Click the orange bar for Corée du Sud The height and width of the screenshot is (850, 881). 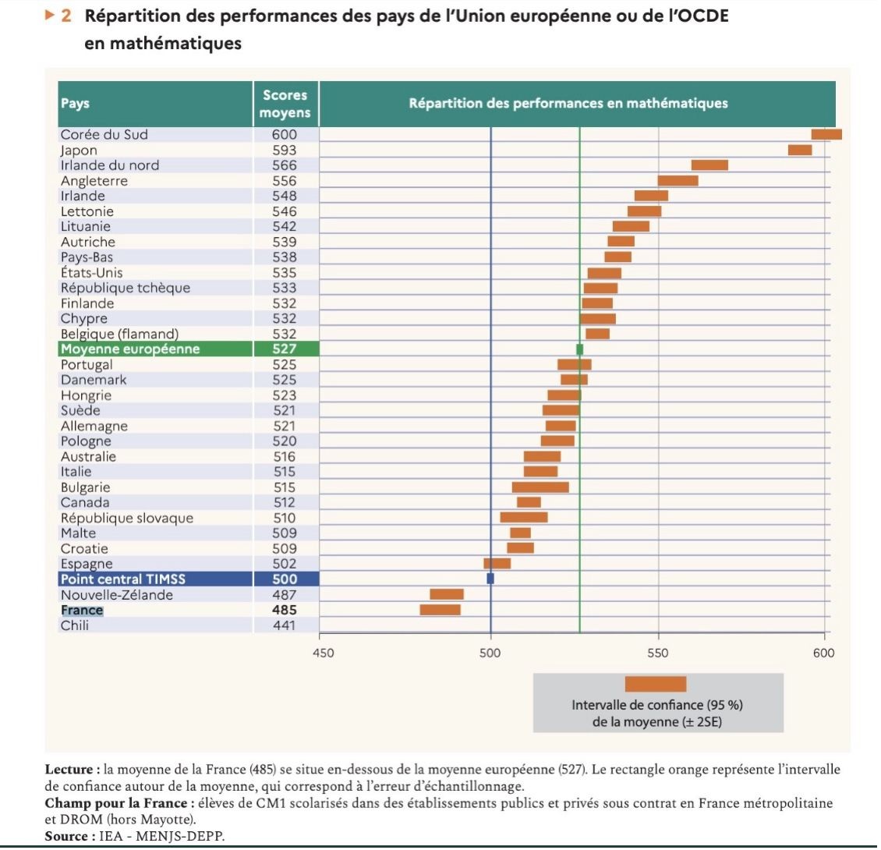[x=826, y=134]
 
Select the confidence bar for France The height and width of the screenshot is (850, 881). [x=440, y=610]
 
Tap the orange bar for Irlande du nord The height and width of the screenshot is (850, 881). [x=709, y=165]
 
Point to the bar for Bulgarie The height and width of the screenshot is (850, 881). [x=540, y=487]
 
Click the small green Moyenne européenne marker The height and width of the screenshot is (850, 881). [x=579, y=349]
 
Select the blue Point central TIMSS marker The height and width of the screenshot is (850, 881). [x=490, y=579]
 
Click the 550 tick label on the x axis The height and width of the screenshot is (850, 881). [x=658, y=653]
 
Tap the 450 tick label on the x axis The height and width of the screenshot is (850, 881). [x=323, y=653]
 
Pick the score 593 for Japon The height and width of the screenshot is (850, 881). [x=285, y=151]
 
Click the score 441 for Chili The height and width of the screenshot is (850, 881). [x=285, y=625]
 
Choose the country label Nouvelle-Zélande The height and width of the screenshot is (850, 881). [x=116, y=595]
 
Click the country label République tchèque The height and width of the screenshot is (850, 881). [x=125, y=288]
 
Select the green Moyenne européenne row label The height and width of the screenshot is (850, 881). [x=129, y=349]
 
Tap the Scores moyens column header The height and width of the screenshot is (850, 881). [x=285, y=104]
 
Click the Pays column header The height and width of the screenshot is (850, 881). [x=75, y=104]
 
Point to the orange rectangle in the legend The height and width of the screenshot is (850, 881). [x=655, y=684]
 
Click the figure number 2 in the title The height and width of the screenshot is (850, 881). [x=66, y=16]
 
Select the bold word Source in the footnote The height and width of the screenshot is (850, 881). [x=65, y=836]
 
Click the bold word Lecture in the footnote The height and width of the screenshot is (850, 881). [x=69, y=770]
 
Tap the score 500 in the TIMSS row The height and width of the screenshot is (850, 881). [x=285, y=579]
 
